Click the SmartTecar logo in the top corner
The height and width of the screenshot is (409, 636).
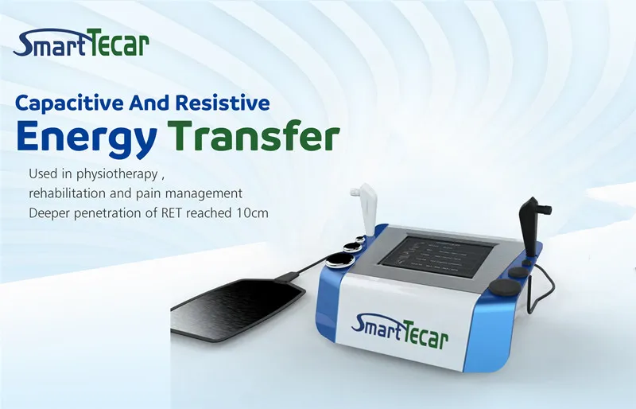pos(81,45)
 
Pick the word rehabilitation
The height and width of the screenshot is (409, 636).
pos(68,193)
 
